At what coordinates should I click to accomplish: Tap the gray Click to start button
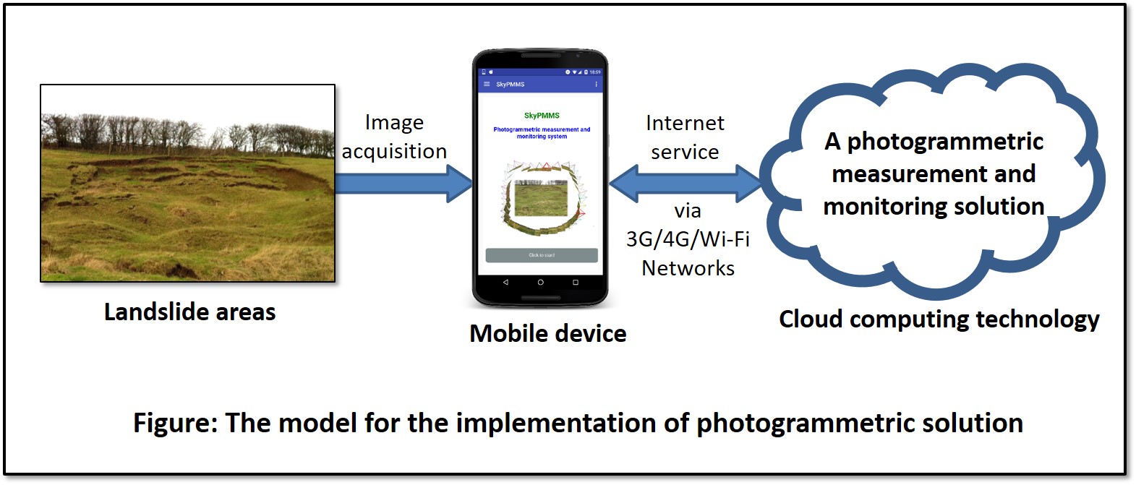point(542,255)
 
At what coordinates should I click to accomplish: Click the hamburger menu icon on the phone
point(487,85)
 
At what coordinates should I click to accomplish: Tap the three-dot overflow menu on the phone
point(596,85)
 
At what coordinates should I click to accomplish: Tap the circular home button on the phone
point(540,283)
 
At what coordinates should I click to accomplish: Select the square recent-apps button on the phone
point(576,283)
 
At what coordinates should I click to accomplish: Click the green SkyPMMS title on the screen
point(542,116)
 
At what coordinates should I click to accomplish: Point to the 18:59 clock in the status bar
point(595,72)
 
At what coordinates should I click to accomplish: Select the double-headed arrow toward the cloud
point(685,183)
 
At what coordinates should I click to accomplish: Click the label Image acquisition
point(394,137)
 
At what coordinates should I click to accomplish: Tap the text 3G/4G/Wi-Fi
point(688,239)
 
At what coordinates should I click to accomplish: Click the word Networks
point(688,268)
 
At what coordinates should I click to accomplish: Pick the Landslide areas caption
point(189,312)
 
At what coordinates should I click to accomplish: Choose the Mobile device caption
point(547,333)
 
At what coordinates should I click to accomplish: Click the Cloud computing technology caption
point(939,319)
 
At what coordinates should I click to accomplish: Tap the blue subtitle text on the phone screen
point(542,133)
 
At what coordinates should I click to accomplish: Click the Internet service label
point(685,137)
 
